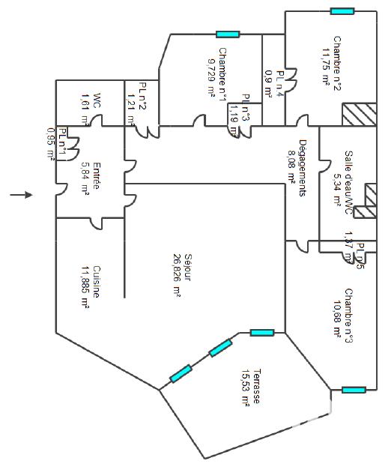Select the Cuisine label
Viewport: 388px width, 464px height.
click(97, 283)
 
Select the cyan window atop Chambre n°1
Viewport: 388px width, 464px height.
click(227, 34)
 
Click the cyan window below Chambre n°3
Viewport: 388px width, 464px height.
click(354, 390)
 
